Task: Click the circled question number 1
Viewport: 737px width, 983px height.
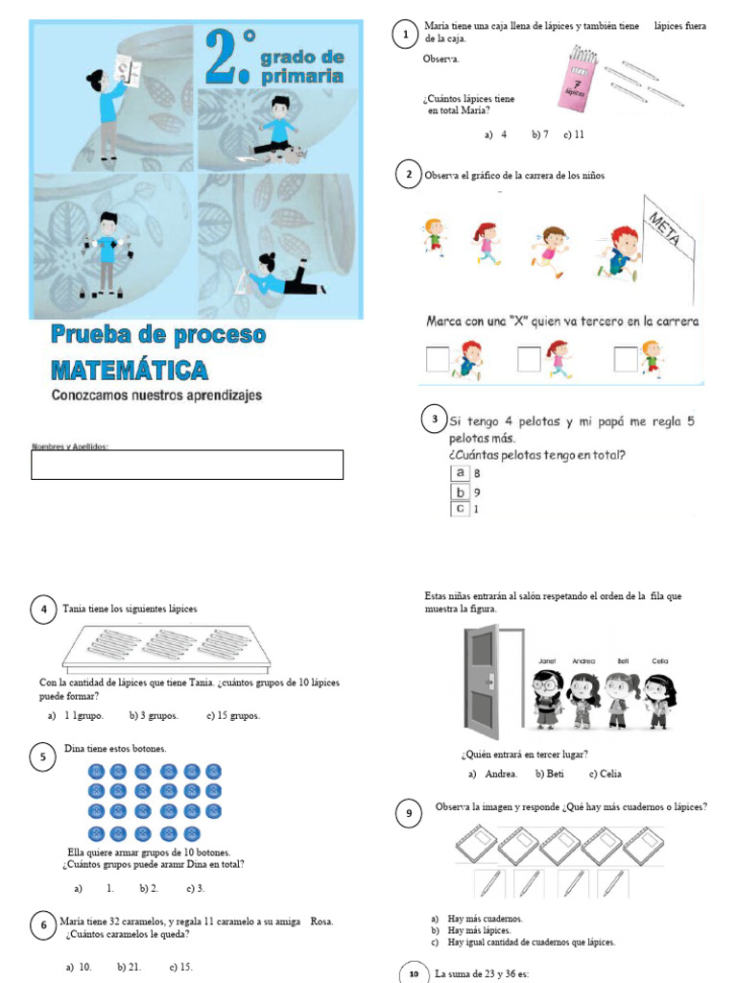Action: pos(406,36)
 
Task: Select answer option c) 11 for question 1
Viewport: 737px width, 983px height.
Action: pos(574,134)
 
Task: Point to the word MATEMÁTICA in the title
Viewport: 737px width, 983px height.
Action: pos(129,370)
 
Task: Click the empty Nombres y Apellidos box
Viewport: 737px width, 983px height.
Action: pos(187,465)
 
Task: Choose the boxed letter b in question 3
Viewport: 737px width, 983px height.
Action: pos(461,491)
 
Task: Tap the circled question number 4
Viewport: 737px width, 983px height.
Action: pos(44,610)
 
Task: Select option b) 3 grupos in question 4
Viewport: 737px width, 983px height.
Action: pos(148,715)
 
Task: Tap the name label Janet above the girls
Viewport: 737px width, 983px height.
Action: pos(547,661)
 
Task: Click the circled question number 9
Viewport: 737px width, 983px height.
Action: pos(409,814)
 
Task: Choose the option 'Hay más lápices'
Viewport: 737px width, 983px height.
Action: pos(485,930)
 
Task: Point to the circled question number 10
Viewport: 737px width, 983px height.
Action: pos(414,974)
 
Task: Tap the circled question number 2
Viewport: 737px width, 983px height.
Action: pos(409,175)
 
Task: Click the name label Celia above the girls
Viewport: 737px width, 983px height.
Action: pos(660,661)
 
